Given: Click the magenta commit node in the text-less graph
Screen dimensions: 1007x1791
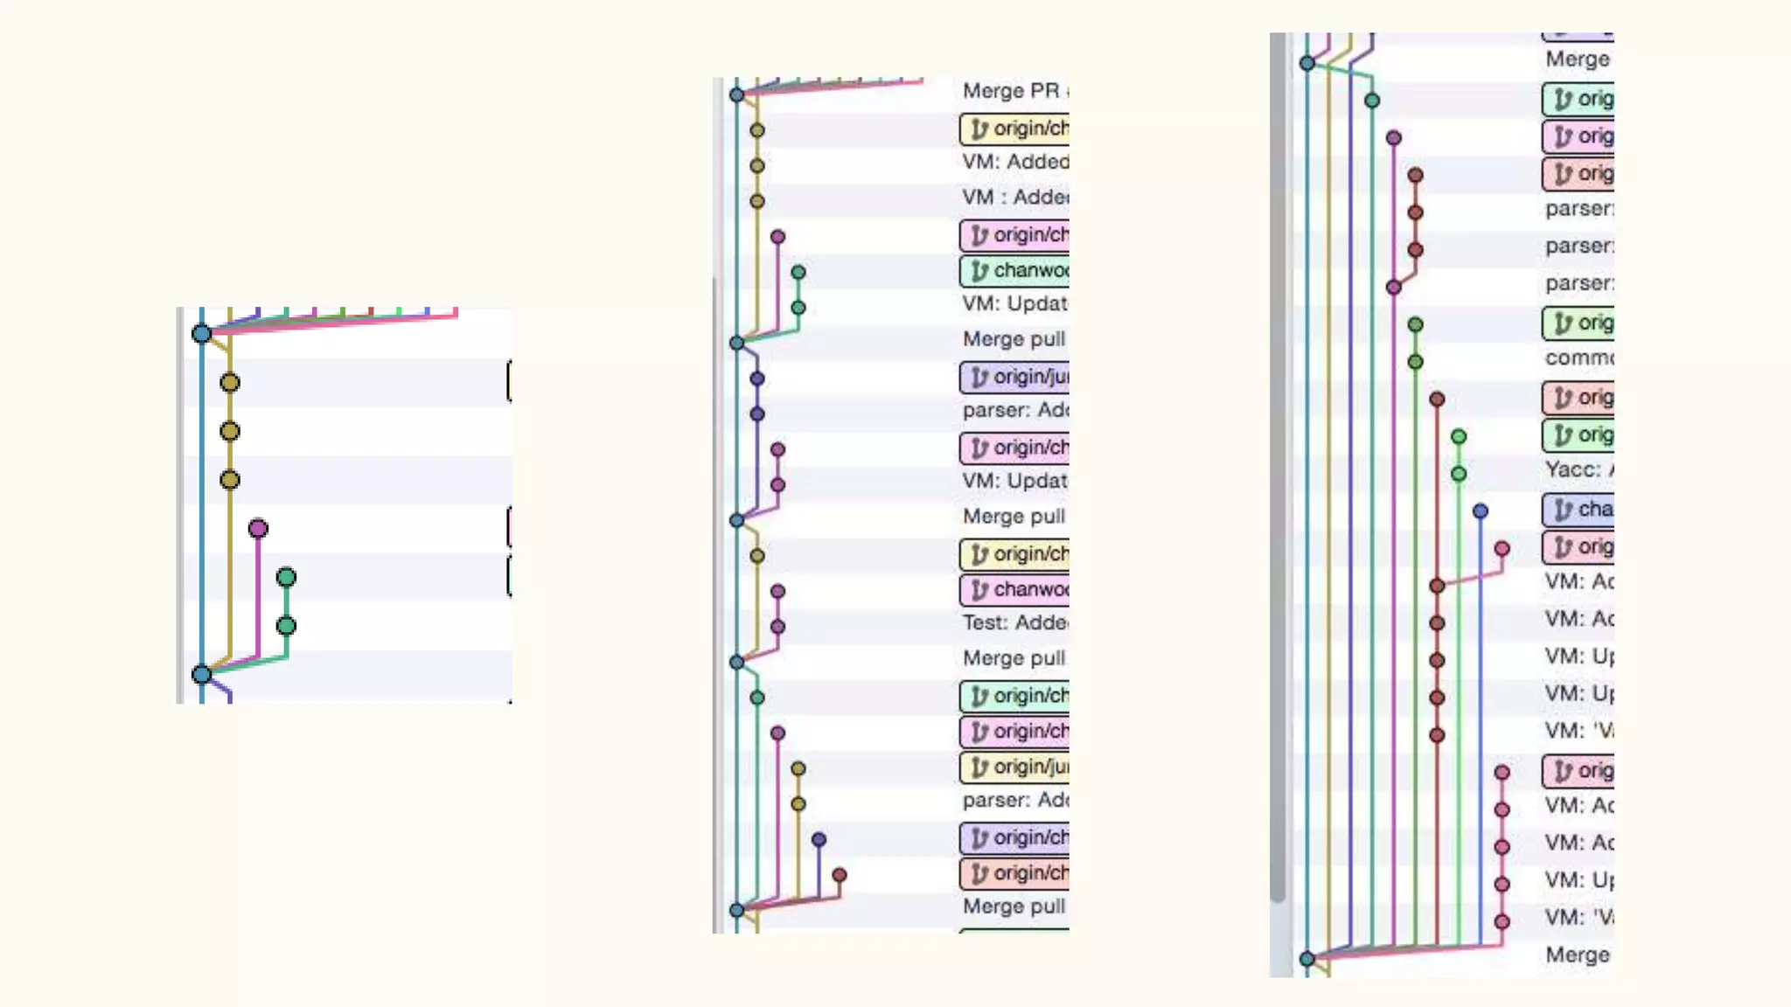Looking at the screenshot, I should tap(258, 529).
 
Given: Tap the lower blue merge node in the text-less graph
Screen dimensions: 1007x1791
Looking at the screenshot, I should tap(202, 674).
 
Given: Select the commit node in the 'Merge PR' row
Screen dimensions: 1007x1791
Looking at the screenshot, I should tap(737, 94).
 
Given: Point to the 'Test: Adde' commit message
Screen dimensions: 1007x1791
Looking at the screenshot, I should tap(1014, 623).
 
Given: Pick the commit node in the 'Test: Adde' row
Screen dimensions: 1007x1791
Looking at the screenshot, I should tap(778, 627).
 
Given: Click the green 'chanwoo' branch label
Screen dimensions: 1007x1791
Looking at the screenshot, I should tap(1015, 271).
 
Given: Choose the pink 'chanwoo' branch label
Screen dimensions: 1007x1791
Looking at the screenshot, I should tap(1015, 590).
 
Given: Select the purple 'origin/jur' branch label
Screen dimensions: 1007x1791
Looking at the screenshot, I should tap(1015, 377).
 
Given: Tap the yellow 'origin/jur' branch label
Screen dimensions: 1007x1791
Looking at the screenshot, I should tap(1015, 767).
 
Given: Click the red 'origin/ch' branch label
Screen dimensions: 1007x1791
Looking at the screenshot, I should tap(1015, 873).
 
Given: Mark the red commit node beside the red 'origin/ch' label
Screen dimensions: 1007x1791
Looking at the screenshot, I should tap(840, 875).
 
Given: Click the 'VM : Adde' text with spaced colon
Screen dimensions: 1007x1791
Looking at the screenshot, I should tap(1014, 198).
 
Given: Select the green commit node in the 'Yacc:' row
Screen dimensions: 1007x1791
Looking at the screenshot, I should tap(1459, 474).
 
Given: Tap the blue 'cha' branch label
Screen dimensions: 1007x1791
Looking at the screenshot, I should tap(1578, 510).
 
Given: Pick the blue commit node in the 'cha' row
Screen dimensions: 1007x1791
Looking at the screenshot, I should tap(1481, 511).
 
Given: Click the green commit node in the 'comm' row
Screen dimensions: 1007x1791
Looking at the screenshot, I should tap(1416, 362).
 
